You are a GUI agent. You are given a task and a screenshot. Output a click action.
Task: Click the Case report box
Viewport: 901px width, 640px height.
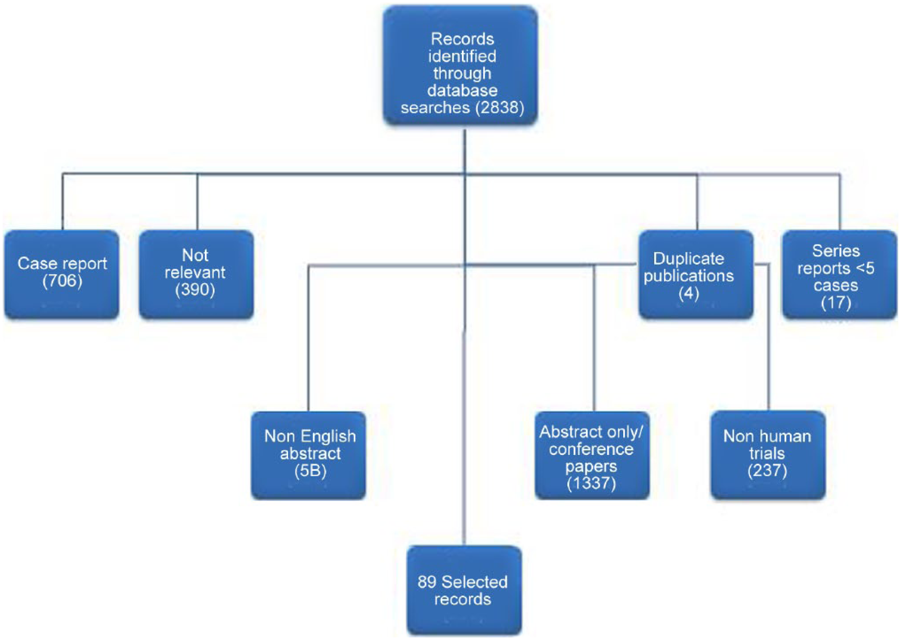62,274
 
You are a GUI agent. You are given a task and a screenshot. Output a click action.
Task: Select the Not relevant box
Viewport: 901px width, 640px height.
197,274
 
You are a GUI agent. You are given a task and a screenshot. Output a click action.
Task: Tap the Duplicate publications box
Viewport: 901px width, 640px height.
696,274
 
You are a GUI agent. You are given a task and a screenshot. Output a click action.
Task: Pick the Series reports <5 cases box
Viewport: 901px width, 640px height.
839,274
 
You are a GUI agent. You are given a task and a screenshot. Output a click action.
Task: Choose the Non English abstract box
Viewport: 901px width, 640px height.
309,455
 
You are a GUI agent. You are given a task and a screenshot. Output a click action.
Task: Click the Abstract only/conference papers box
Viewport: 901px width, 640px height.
592,455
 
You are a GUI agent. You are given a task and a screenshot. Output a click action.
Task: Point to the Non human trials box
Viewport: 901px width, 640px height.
768,455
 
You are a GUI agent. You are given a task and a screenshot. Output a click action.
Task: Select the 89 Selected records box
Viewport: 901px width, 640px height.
464,590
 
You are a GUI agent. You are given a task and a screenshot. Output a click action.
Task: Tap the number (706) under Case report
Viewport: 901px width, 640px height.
63,281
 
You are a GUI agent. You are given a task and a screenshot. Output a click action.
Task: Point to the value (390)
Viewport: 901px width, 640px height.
195,289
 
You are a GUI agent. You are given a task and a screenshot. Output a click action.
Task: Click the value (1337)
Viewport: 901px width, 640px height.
591,483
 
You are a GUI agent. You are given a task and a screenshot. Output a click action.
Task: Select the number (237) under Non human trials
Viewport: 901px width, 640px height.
767,470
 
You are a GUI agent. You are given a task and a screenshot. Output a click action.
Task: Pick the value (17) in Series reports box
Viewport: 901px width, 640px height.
836,302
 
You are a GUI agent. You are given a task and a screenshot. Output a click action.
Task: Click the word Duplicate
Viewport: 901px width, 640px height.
688,258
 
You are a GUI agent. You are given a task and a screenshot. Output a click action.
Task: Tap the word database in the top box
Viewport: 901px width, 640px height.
462,90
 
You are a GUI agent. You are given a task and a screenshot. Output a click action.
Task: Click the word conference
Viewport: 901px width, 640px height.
591,449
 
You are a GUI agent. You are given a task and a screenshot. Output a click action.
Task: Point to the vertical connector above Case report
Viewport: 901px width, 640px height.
63,202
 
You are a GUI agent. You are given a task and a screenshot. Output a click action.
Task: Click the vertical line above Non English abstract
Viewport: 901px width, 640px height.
308,339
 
